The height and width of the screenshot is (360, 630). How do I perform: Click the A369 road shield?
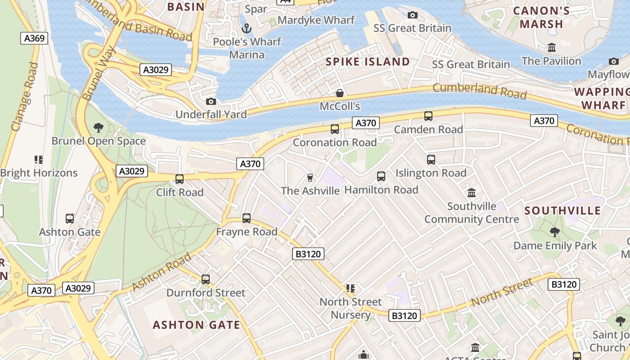pyautogui.click(x=34, y=38)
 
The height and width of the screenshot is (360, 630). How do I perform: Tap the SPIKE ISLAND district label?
pyautogui.click(x=368, y=62)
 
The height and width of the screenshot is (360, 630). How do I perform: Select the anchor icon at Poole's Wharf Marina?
pyautogui.click(x=246, y=29)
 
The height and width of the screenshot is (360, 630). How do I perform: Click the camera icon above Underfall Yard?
pyautogui.click(x=211, y=101)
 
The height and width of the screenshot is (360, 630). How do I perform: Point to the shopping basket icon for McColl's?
pyautogui.click(x=340, y=93)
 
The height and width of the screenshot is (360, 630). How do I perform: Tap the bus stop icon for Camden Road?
pyautogui.click(x=428, y=116)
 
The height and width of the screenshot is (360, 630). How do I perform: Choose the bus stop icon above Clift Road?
pyautogui.click(x=180, y=179)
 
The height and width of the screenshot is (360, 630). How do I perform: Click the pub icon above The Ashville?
pyautogui.click(x=310, y=178)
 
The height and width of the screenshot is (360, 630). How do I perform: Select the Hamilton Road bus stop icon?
pyautogui.click(x=381, y=176)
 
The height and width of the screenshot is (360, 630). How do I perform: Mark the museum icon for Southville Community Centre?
pyautogui.click(x=472, y=193)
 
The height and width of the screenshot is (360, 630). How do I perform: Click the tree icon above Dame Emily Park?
pyautogui.click(x=554, y=232)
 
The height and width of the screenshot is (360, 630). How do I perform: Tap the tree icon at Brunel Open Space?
pyautogui.click(x=98, y=128)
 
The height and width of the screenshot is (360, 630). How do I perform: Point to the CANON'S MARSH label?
pyautogui.click(x=541, y=18)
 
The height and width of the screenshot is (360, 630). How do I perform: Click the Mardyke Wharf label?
pyautogui.click(x=316, y=20)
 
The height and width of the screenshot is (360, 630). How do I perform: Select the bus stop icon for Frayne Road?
pyautogui.click(x=247, y=218)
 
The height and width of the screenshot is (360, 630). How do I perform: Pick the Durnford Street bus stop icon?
pyautogui.click(x=206, y=279)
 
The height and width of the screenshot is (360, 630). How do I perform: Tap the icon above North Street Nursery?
pyautogui.click(x=351, y=288)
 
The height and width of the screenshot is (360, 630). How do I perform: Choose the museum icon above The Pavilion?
pyautogui.click(x=551, y=47)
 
